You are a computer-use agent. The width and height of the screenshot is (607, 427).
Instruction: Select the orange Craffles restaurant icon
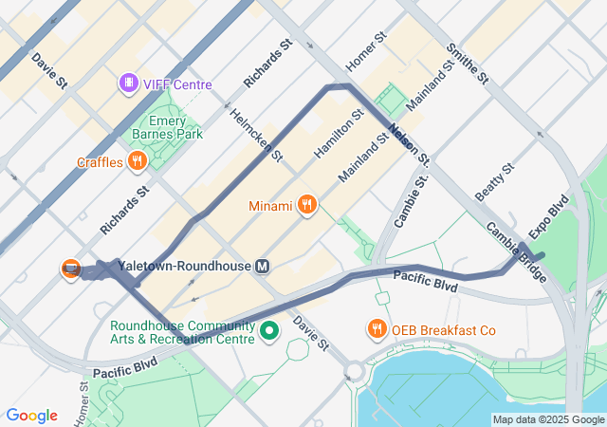(138, 162)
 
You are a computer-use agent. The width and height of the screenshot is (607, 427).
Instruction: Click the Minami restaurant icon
(306, 205)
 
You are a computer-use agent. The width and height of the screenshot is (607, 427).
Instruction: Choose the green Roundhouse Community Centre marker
(269, 331)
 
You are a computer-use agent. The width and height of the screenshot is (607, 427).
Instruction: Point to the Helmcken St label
(256, 133)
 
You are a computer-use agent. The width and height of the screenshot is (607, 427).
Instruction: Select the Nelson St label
(410, 145)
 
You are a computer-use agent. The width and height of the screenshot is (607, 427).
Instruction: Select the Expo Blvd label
(548, 216)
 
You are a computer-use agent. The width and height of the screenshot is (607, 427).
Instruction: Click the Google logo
(31, 416)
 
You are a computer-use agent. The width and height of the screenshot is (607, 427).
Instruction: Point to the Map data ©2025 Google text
(547, 420)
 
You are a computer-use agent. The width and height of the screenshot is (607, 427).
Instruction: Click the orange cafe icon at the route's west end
(70, 269)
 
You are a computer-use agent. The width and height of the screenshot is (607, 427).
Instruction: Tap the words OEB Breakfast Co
(447, 330)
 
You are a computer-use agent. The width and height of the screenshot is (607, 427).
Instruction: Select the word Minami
(270, 206)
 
